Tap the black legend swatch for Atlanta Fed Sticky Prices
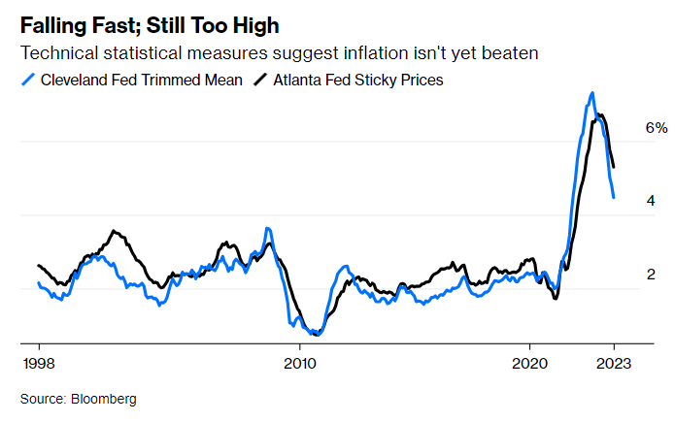click(261, 80)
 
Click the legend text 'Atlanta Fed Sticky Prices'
click(357, 80)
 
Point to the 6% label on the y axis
click(658, 128)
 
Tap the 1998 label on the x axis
click(39, 365)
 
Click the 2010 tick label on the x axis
click(299, 365)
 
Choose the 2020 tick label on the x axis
click(529, 365)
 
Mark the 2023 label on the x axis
click(614, 365)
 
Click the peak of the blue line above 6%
click(591, 93)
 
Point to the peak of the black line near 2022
click(601, 115)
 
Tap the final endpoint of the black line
click(614, 167)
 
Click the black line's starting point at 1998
click(39, 265)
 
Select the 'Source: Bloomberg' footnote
click(79, 399)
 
